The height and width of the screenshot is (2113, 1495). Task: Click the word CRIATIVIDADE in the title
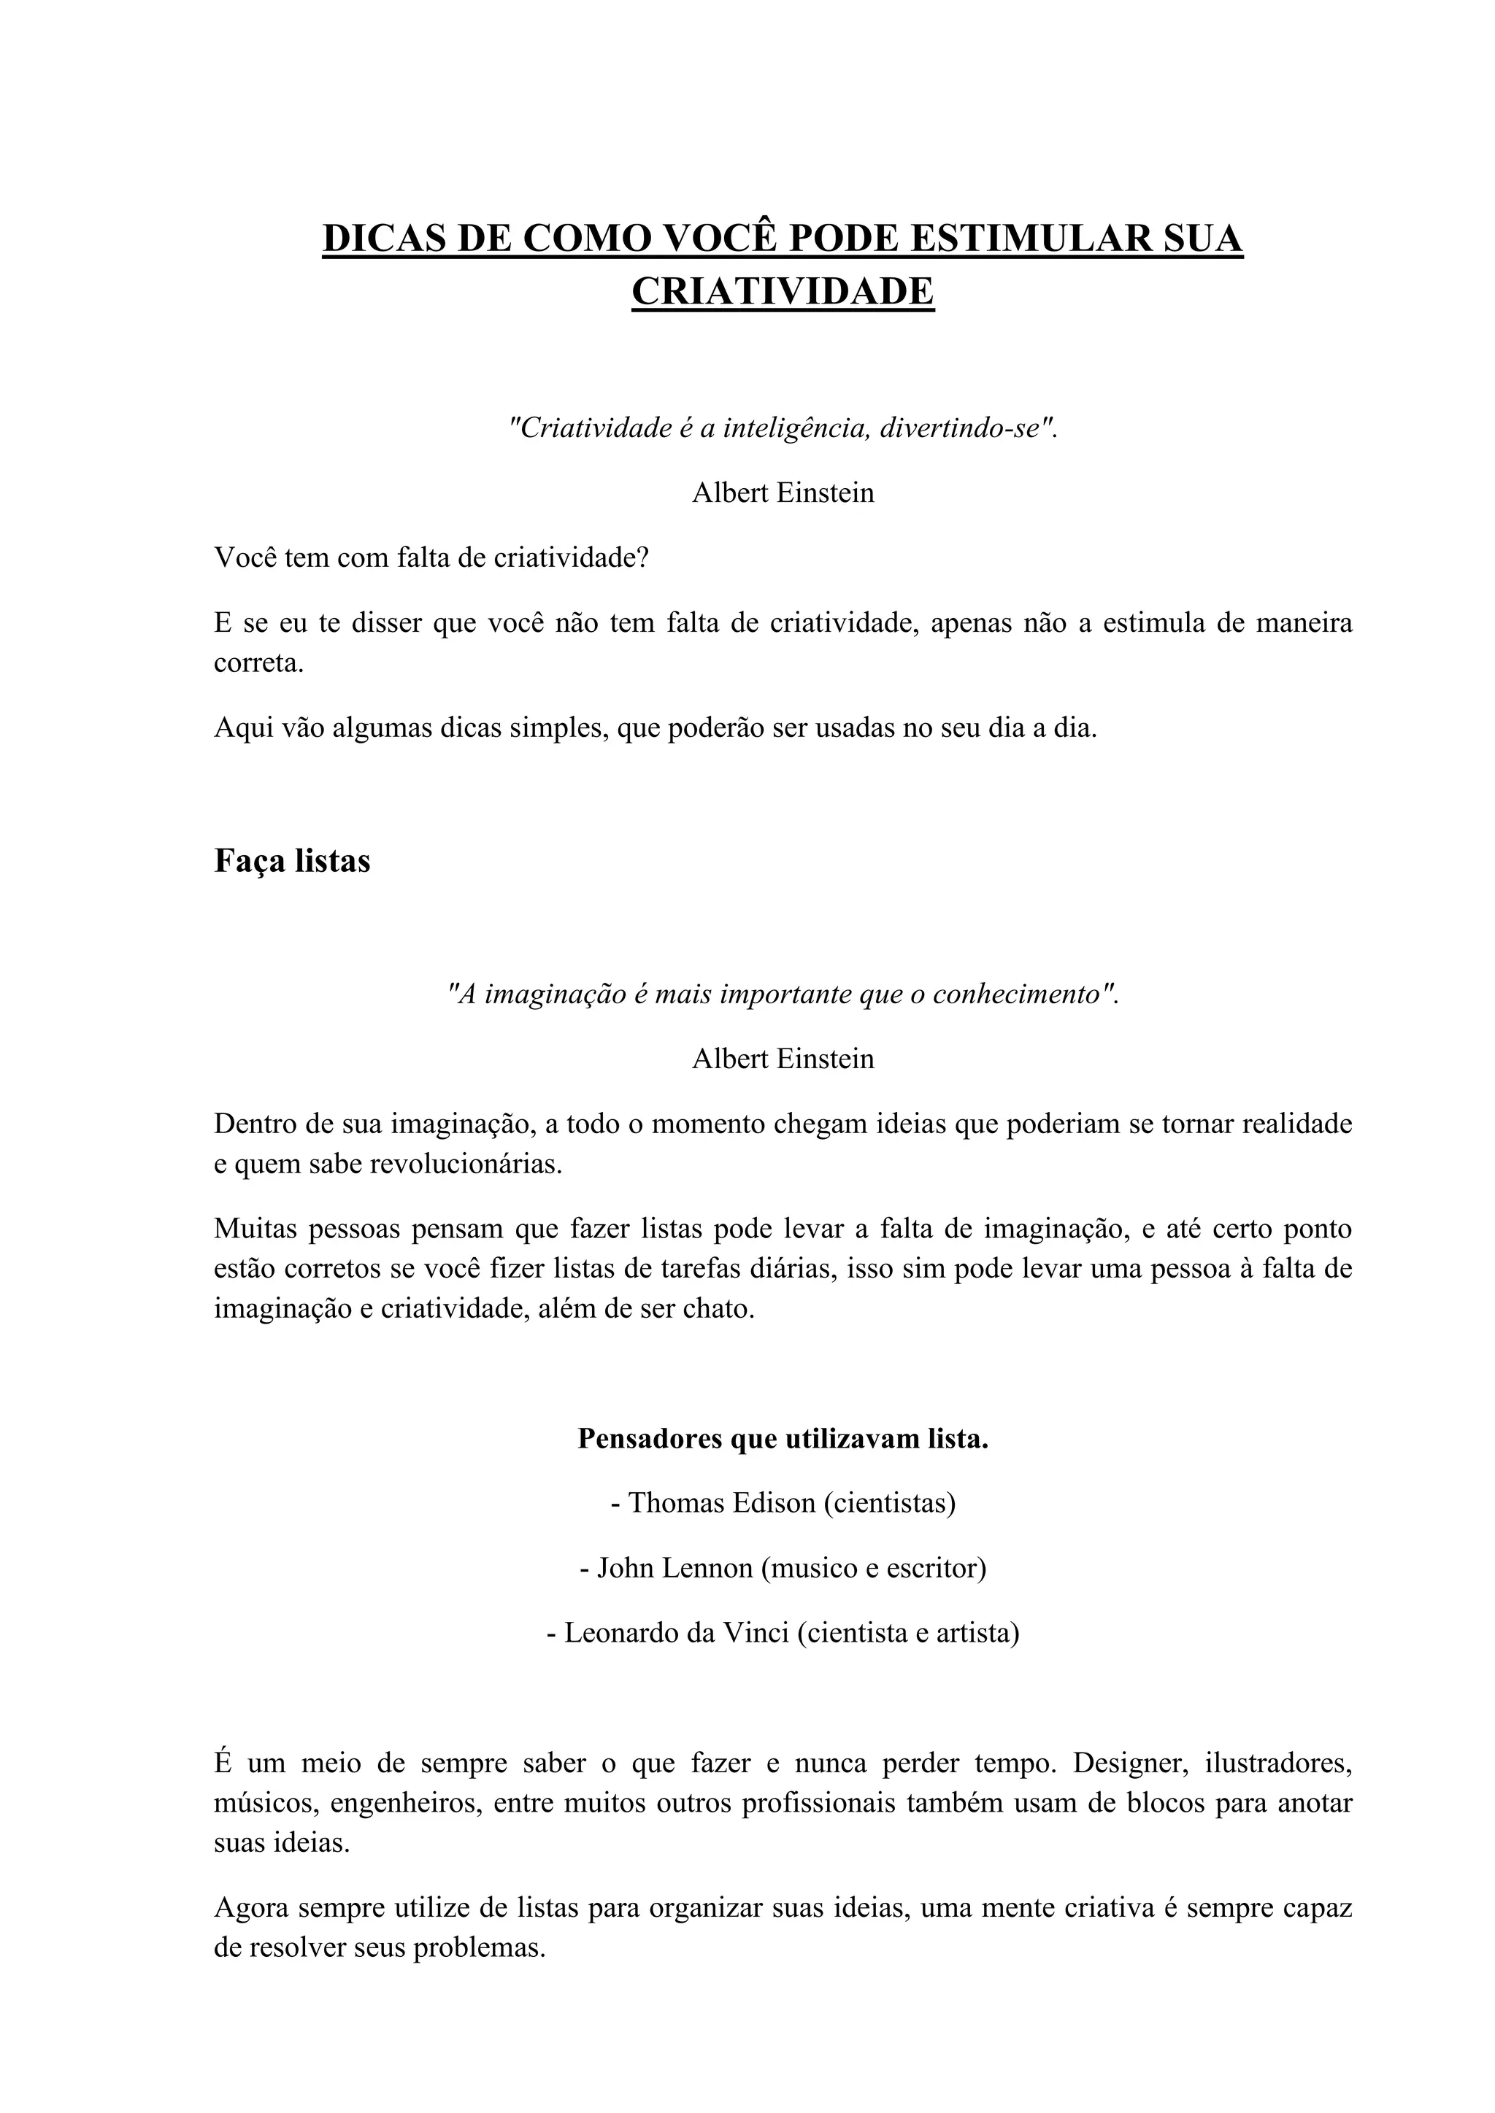point(783,292)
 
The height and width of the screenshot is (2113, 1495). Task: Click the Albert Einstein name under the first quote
point(783,492)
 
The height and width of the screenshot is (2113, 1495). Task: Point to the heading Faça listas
point(292,860)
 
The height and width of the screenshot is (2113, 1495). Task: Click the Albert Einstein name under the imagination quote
point(783,1059)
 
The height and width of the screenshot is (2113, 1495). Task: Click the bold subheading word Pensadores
point(650,1438)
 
